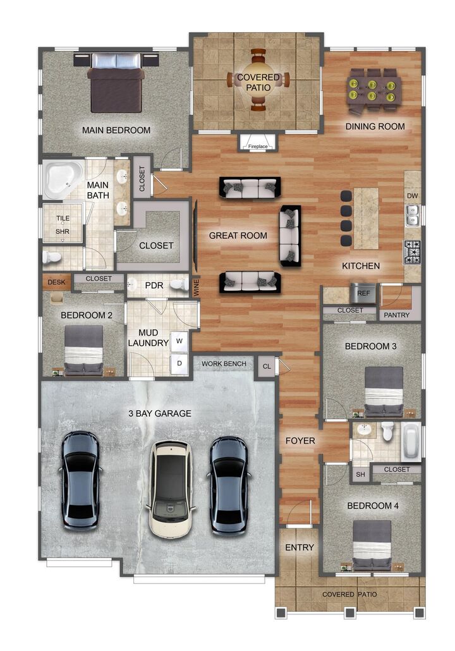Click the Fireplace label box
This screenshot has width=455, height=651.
pos(257,145)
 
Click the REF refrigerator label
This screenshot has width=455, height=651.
pos(363,294)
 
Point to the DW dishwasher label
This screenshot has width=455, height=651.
pos(412,196)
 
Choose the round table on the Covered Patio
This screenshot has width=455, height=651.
pos(258,80)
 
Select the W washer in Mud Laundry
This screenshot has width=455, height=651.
pos(179,341)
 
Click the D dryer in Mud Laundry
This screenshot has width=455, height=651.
pos(179,363)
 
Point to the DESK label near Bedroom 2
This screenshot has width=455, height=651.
pos(56,283)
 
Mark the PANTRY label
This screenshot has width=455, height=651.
pos(396,315)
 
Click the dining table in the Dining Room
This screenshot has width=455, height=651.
pos(373,87)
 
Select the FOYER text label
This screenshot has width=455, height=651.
pos(300,441)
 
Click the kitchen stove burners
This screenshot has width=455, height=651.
pos(413,252)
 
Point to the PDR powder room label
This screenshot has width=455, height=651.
pos(154,286)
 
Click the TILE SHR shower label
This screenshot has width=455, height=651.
pos(63,225)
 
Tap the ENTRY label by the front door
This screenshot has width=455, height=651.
pos(300,547)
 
